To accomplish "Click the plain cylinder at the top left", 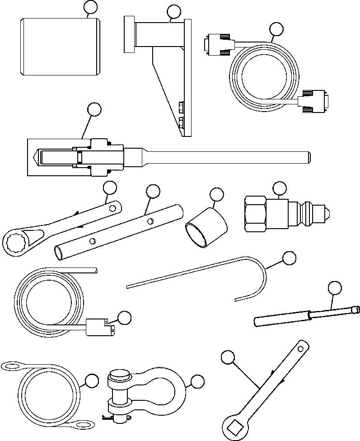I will [60, 47].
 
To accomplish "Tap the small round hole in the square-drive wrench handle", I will [300, 349].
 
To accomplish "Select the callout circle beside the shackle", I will [197, 382].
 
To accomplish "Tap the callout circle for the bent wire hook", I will [289, 258].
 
